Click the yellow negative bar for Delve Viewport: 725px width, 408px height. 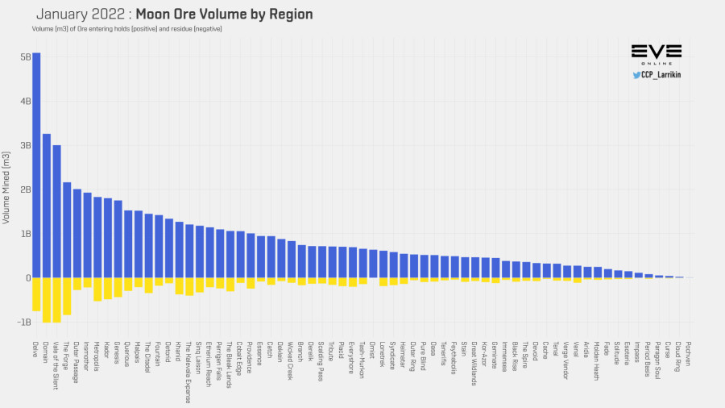click(x=36, y=294)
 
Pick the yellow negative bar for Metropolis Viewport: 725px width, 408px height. click(x=97, y=289)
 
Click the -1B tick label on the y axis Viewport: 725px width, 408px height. click(x=23, y=323)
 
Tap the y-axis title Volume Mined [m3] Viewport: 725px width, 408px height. click(x=6, y=189)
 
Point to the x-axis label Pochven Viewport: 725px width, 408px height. click(x=689, y=353)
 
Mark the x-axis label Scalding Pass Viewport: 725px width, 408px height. click(x=322, y=360)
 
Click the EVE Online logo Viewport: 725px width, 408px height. click(x=657, y=55)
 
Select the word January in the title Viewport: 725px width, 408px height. click(x=64, y=15)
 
